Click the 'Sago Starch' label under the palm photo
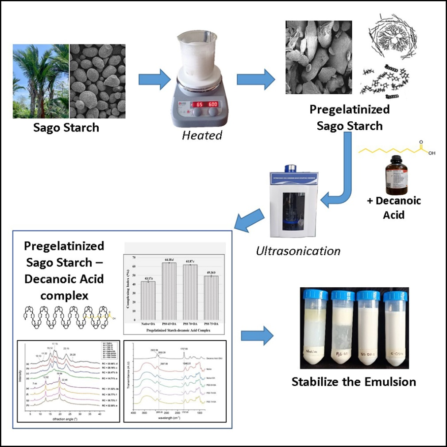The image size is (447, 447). (66, 128)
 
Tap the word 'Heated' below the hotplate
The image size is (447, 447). (202, 135)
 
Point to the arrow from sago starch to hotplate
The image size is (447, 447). (154, 80)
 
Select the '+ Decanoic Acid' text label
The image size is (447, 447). (393, 208)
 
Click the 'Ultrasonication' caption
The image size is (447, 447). (298, 251)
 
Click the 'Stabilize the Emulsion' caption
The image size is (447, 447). (354, 381)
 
